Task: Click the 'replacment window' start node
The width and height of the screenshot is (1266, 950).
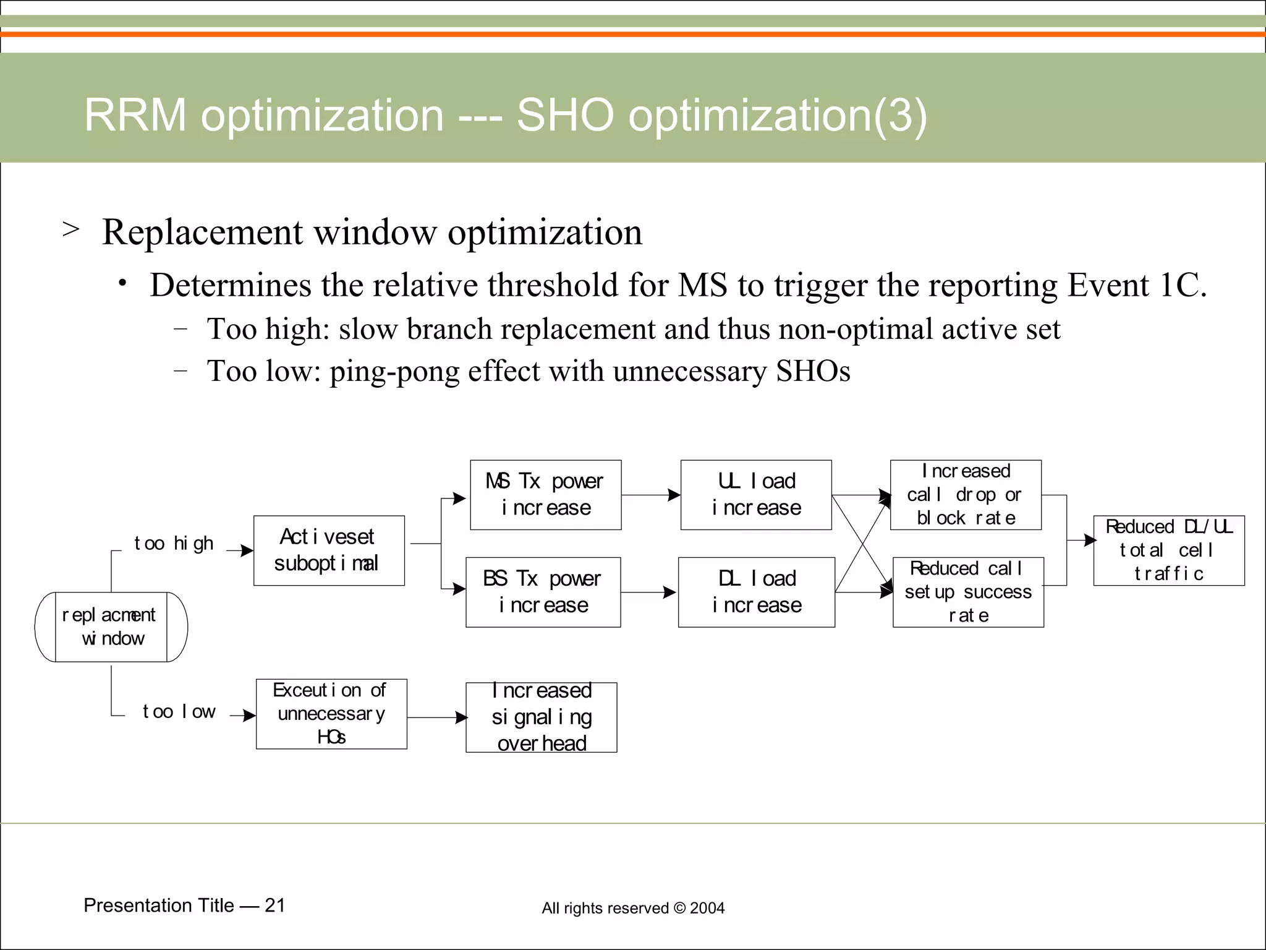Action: tap(111, 627)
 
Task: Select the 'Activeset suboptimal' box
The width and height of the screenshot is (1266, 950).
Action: tap(329, 550)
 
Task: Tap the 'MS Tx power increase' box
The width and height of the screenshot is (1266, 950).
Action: tap(545, 495)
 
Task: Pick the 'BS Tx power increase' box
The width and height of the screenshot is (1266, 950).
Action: tap(543, 593)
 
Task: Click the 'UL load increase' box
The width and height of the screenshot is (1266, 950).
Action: tap(756, 495)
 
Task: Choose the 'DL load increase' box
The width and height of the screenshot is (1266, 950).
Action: tap(757, 593)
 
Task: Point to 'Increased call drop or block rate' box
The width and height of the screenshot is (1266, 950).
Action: tap(966, 495)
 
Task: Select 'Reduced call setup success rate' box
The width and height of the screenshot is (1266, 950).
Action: tap(968, 593)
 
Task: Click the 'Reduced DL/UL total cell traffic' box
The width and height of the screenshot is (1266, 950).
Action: tap(1169, 550)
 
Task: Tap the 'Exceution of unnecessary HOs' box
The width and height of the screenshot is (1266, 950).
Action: tap(331, 714)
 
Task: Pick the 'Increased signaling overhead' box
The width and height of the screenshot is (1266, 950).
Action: tap(542, 717)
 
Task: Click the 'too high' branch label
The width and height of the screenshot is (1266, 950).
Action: tap(174, 544)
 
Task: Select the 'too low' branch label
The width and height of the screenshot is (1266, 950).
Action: tap(179, 712)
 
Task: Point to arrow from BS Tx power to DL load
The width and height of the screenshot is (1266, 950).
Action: tap(649, 593)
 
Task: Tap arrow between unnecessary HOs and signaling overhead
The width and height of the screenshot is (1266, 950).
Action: tap(436, 717)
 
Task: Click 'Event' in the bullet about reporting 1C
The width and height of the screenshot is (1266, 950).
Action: tap(1108, 286)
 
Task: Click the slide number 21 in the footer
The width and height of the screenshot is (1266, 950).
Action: tap(274, 905)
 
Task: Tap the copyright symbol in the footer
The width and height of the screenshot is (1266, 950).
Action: tap(679, 908)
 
